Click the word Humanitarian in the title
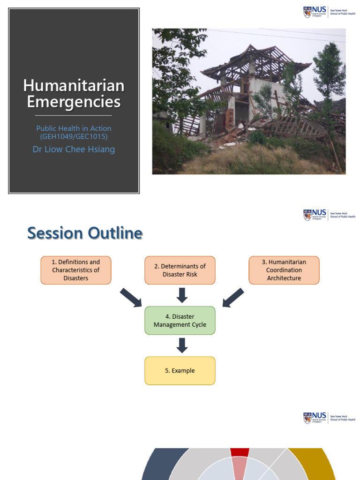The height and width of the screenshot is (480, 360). (x=74, y=86)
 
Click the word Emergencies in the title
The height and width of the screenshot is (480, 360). (x=74, y=102)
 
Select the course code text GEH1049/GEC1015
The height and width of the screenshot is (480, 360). (x=74, y=136)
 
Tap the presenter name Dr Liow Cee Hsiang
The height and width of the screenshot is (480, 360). (x=74, y=150)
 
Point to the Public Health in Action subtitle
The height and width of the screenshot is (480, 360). (x=74, y=128)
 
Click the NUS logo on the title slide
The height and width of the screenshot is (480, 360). (x=315, y=12)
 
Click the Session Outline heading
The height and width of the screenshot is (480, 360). (x=85, y=233)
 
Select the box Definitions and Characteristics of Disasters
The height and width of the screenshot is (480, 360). (x=76, y=270)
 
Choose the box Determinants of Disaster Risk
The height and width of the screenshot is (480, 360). (x=180, y=270)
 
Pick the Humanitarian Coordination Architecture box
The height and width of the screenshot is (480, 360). (x=284, y=270)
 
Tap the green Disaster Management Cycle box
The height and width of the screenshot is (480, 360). (x=180, y=321)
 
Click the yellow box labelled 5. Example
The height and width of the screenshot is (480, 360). (x=180, y=371)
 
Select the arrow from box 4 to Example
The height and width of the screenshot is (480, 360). (x=182, y=345)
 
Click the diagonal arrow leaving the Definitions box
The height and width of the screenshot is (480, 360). (x=131, y=298)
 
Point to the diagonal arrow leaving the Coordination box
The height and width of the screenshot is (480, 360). (x=233, y=298)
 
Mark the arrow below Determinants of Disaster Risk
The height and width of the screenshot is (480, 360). (x=182, y=295)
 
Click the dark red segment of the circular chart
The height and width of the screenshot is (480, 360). (x=240, y=452)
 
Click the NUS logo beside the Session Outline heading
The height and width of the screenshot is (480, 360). (x=315, y=215)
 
